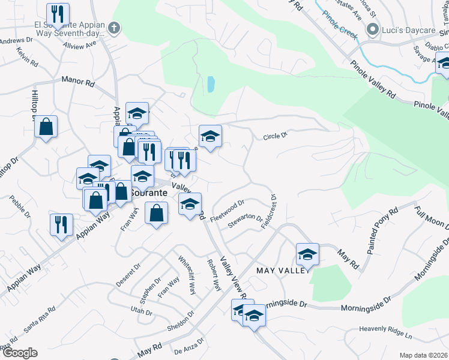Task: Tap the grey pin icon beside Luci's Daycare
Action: pyautogui.click(x=372, y=28)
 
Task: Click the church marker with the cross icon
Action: pyautogui.click(x=114, y=28)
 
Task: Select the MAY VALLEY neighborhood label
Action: pyautogui.click(x=283, y=271)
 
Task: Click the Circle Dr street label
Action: pyautogui.click(x=276, y=137)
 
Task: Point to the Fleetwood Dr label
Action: pyautogui.click(x=228, y=209)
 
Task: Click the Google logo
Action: pyautogui.click(x=20, y=353)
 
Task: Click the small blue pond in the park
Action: pyautogui.click(x=211, y=84)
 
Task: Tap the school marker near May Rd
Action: pyautogui.click(x=307, y=254)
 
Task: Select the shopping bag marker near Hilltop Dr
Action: pyautogui.click(x=46, y=127)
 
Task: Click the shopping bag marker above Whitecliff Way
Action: pyautogui.click(x=156, y=213)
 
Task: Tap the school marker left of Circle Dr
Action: pyautogui.click(x=210, y=136)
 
